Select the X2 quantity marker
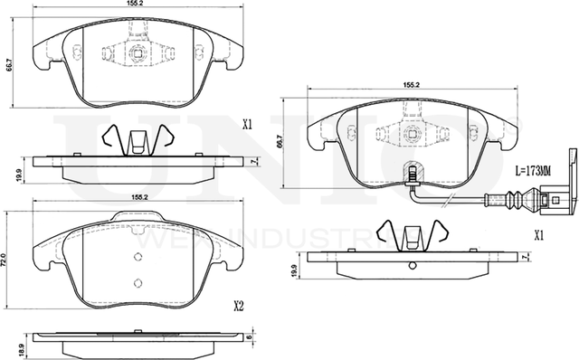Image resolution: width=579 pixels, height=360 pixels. click(x=240, y=306)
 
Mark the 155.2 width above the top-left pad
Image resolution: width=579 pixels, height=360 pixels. click(x=138, y=5)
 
